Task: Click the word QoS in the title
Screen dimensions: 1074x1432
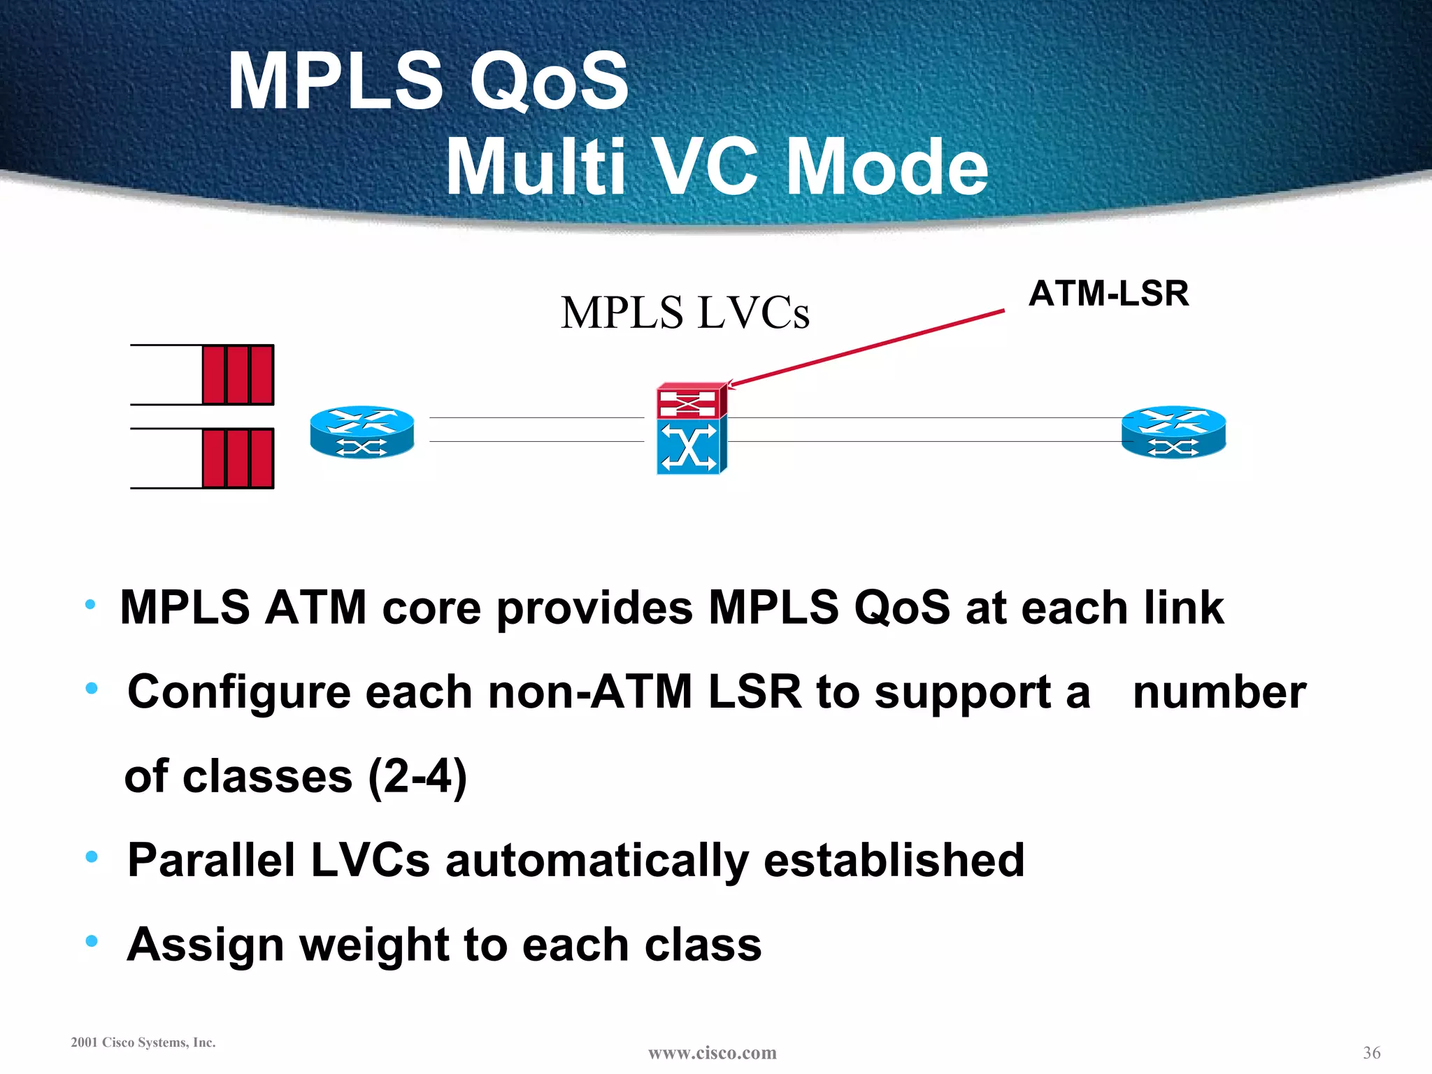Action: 549,83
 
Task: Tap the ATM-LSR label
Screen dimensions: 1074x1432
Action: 1108,294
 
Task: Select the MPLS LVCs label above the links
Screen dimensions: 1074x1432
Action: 685,313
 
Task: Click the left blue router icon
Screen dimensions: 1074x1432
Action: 362,432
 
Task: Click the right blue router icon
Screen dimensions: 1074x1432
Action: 1173,432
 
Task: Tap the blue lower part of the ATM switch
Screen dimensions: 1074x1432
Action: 689,447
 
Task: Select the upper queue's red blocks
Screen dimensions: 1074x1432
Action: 238,375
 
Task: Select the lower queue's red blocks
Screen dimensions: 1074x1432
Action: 238,459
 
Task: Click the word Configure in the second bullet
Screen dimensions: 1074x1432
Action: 238,693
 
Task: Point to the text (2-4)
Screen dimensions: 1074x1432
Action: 417,777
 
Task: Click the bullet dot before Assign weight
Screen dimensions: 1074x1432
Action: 92,941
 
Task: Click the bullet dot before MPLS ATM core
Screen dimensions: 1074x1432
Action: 89,605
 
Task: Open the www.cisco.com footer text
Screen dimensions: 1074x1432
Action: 712,1053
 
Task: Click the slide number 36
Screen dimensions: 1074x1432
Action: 1371,1053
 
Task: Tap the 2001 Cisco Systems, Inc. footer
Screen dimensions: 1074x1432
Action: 143,1043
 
